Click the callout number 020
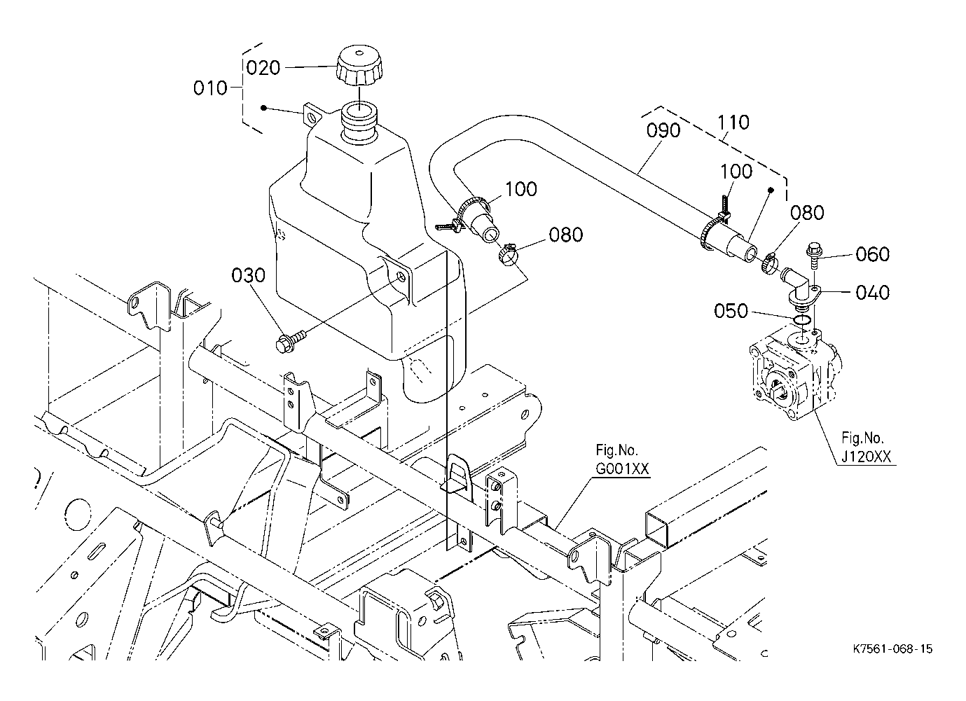click(x=263, y=68)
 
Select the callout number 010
click(x=211, y=88)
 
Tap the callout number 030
click(x=249, y=275)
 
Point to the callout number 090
click(x=663, y=131)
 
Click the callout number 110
click(x=733, y=123)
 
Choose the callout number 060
click(x=872, y=254)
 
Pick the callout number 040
click(x=872, y=292)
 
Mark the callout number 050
click(x=731, y=310)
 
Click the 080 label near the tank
click(x=566, y=235)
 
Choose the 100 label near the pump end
click(x=736, y=172)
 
